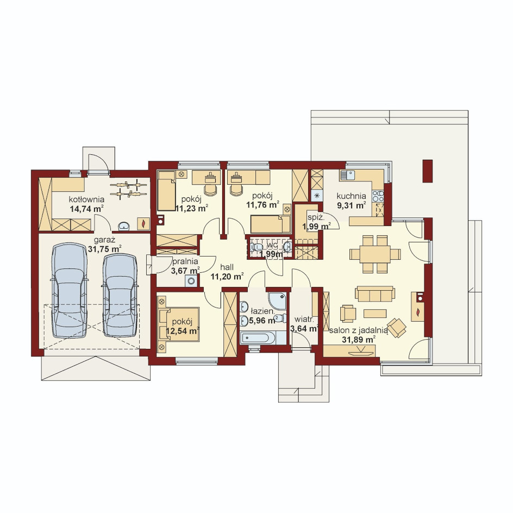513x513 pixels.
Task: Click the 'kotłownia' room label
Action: point(86,199)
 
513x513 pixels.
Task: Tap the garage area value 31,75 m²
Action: point(104,249)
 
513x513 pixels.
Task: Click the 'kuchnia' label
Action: point(352,196)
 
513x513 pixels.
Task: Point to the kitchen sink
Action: point(347,174)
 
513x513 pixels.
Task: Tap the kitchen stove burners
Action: point(378,196)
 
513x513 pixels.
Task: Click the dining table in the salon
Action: point(375,254)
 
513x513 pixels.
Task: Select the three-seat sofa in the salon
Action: point(375,294)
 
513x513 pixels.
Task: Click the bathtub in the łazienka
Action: point(258,338)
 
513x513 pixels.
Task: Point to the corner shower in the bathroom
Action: point(278,301)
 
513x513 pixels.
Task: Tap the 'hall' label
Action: point(227,267)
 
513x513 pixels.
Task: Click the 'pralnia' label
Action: point(185,261)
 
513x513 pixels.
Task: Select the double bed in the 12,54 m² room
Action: point(179,324)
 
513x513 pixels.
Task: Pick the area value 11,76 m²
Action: point(262,205)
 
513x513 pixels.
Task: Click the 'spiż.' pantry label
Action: point(316,217)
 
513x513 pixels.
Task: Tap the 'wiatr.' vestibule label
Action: point(304,319)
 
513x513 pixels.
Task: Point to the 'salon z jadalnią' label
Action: point(359,331)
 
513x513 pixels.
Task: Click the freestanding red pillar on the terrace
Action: point(428,171)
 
